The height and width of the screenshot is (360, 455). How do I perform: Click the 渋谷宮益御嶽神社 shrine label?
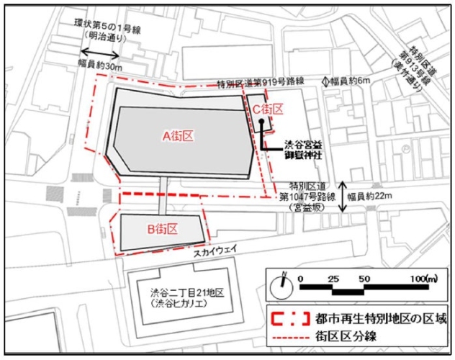(x=299, y=147)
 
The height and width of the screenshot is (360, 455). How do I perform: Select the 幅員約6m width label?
(x=352, y=81)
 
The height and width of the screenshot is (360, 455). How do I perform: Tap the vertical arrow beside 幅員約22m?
(x=344, y=195)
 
